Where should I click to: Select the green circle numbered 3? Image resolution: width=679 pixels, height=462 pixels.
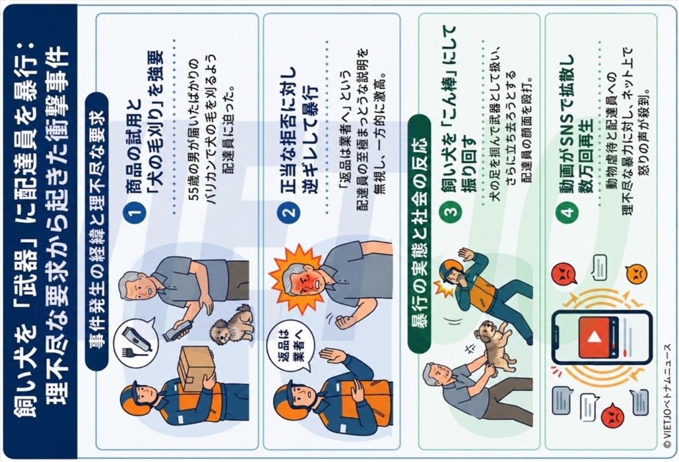[x=450, y=213]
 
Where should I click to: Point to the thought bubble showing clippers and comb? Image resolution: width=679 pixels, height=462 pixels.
[x=135, y=343]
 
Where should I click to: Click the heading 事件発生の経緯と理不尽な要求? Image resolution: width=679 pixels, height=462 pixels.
[x=98, y=231]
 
